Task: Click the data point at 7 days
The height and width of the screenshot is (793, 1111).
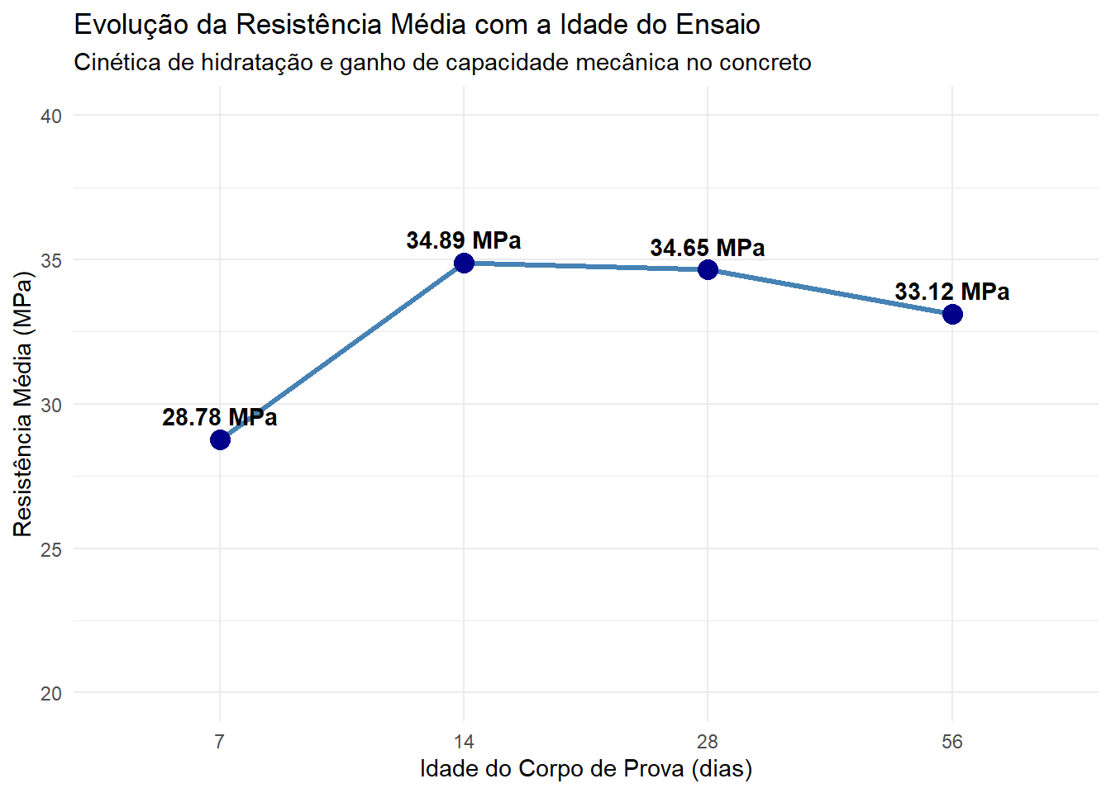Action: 220,439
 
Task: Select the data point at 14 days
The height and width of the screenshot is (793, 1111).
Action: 465,263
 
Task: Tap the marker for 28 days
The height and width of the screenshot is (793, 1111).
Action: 708,269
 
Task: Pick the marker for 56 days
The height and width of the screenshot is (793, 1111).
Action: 952,314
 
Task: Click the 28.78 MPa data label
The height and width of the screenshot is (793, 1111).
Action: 219,417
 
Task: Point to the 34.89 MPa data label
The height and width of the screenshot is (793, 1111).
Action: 464,240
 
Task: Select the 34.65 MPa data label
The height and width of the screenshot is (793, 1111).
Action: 708,248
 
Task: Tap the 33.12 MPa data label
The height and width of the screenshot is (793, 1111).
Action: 951,292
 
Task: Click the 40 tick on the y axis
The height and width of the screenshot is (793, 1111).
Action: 51,116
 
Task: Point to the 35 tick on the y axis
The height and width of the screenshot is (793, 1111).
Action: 51,261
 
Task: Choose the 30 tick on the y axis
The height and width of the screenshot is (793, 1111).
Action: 51,405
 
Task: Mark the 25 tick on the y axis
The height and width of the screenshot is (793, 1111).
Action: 51,549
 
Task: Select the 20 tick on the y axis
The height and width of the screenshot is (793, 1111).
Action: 51,693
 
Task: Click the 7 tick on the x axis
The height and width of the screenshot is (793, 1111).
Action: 220,742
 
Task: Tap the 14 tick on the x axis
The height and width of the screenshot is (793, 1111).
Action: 465,742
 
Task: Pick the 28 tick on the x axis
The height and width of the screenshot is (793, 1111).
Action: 708,742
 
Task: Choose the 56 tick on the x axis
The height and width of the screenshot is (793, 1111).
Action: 952,742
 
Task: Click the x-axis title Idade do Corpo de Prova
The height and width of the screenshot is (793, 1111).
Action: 551,769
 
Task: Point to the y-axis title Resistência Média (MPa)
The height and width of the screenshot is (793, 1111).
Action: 22,404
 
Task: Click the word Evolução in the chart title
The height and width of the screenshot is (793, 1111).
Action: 131,25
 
